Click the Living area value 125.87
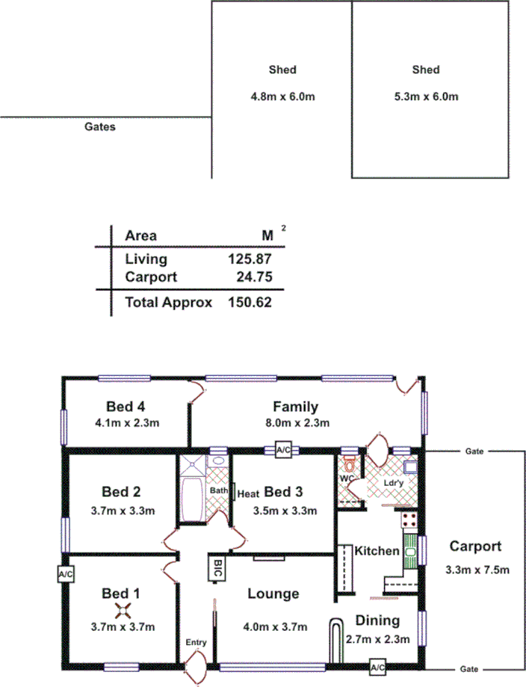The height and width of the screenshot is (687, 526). [x=249, y=259]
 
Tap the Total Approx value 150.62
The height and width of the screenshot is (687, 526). [x=249, y=303]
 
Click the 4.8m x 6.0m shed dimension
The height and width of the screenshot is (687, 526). [x=282, y=96]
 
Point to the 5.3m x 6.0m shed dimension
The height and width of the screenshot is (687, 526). [x=426, y=96]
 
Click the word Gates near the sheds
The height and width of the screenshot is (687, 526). [x=100, y=127]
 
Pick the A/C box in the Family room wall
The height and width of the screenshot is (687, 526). [x=284, y=450]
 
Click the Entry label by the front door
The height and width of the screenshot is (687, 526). [x=196, y=642]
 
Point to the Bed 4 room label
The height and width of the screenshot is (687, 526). [x=125, y=407]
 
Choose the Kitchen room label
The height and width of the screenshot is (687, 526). [x=376, y=551]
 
